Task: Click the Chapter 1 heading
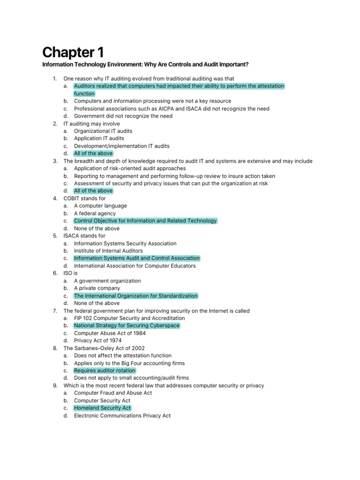pos(73,52)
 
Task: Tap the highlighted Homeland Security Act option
pos(103,408)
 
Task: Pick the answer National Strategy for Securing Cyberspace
pos(127,326)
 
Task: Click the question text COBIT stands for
pos(85,198)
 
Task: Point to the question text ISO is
pos(70,273)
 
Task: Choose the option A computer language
pos(100,206)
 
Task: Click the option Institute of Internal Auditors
pos(108,251)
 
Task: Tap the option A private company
pos(97,288)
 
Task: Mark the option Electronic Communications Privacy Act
pos(122,416)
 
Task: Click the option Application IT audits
pos(99,138)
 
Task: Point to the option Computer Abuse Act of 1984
pos(110,333)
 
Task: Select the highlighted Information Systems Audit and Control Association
pos(137,258)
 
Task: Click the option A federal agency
pos(95,213)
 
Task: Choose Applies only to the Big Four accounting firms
pos(129,363)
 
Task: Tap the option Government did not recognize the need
pos(123,116)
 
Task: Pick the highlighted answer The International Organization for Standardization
pos(136,296)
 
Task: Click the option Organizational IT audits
pos(103,131)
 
